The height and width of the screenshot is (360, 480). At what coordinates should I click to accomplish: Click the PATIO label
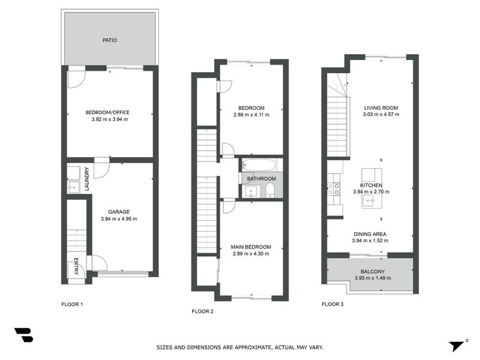[109, 41]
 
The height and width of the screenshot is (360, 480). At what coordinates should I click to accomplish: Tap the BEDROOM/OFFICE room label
[107, 112]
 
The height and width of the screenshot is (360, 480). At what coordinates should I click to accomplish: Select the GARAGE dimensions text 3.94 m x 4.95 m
[119, 219]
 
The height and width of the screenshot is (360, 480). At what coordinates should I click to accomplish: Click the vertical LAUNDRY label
[87, 179]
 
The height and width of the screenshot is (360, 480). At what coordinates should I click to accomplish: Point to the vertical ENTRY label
[76, 266]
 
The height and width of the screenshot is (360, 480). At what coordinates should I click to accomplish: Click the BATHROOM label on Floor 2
[262, 179]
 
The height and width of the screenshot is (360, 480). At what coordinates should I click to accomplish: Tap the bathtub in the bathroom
[259, 165]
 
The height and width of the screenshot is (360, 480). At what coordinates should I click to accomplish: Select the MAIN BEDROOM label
[251, 247]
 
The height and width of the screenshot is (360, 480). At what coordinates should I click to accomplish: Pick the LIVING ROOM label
[381, 108]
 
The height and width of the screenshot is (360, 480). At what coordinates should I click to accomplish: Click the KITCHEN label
[371, 185]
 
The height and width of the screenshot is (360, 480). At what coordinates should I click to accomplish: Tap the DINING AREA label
[369, 234]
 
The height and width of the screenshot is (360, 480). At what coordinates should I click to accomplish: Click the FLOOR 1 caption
[72, 304]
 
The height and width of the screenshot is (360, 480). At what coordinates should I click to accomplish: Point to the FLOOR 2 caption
[202, 311]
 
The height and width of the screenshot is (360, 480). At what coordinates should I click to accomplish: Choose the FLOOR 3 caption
[332, 304]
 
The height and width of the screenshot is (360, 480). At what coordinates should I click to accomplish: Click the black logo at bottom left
[23, 335]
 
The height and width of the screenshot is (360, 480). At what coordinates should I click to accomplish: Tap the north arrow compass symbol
[456, 346]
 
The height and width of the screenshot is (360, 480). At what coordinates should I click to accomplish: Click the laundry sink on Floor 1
[73, 188]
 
